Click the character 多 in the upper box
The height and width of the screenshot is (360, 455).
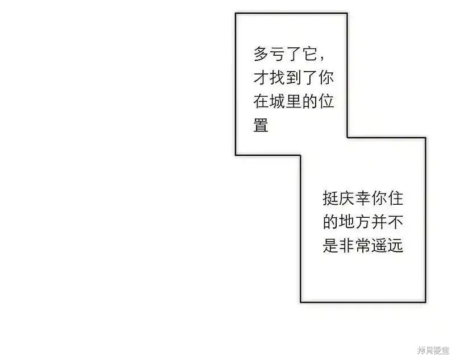(261, 54)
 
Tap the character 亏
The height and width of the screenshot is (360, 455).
(278, 54)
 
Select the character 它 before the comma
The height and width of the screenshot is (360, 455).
(310, 54)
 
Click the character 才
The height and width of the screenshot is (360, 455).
(261, 77)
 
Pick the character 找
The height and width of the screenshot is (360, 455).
(278, 77)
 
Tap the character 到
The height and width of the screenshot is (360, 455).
(293, 77)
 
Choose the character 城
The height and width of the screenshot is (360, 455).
(278, 101)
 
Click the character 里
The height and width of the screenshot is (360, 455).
(293, 101)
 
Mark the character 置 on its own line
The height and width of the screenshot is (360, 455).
(261, 125)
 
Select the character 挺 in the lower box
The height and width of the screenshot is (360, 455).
(330, 198)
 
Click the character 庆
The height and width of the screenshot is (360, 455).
(347, 198)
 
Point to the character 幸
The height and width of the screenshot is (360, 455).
(363, 198)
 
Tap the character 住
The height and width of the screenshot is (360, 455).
(396, 198)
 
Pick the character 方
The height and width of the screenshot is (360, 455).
(363, 222)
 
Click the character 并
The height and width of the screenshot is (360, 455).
(379, 222)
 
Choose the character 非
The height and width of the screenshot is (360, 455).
(347, 246)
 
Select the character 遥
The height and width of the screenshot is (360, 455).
(379, 246)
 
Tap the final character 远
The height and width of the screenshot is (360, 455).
(396, 246)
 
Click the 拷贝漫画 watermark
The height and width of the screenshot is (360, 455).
(433, 350)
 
